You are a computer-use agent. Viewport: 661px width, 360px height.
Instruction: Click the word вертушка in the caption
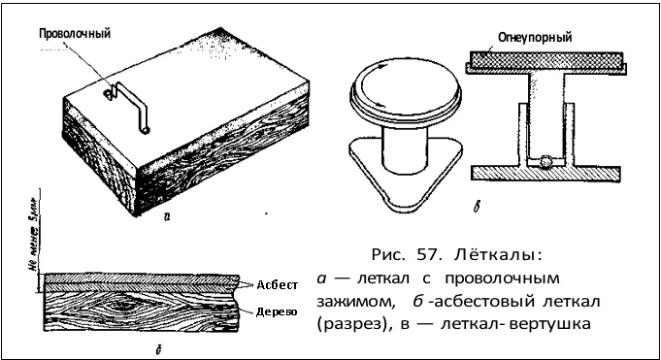(551, 321)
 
